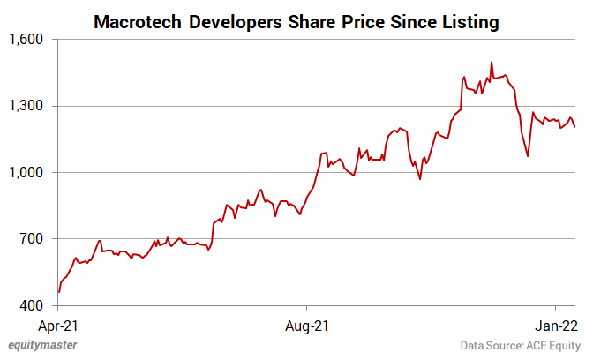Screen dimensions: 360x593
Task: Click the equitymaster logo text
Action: [x=42, y=345]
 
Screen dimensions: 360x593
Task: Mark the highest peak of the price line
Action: [x=492, y=62]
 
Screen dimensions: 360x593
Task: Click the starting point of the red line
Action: [x=58, y=292]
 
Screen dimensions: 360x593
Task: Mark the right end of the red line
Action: [x=575, y=127]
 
